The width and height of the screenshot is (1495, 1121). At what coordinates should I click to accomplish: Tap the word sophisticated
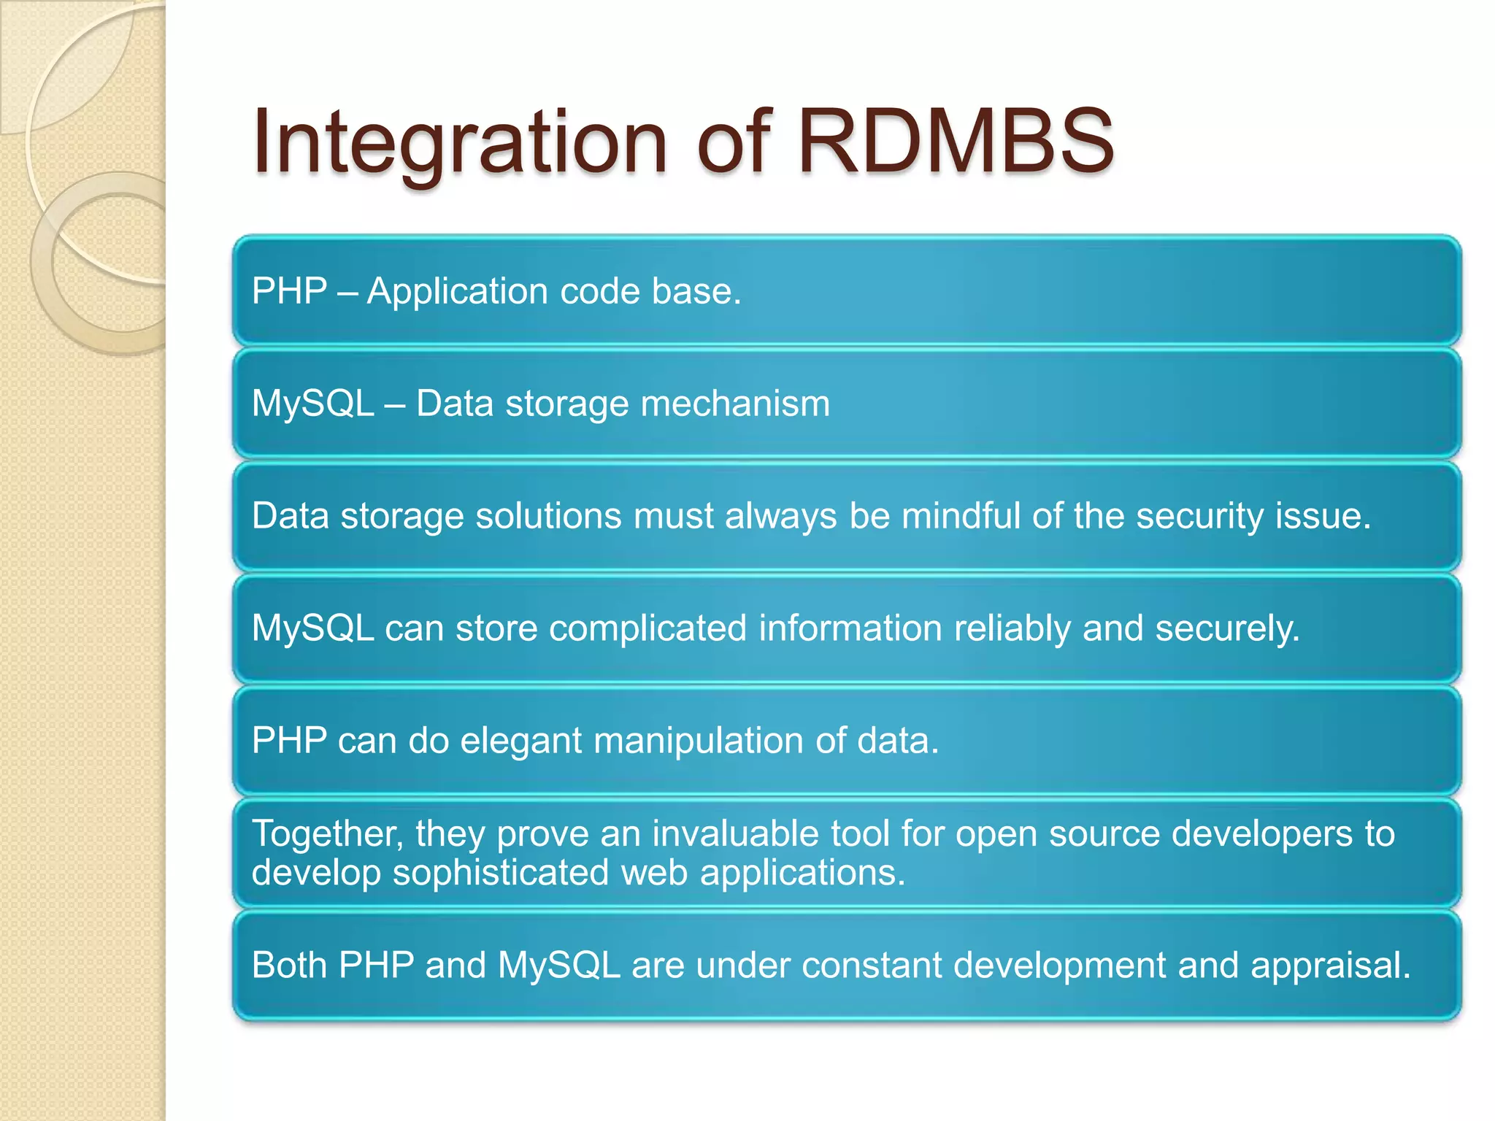[500, 872]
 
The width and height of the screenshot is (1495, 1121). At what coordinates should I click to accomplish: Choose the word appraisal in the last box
[1330, 966]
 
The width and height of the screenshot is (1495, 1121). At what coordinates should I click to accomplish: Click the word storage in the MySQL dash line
[566, 404]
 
